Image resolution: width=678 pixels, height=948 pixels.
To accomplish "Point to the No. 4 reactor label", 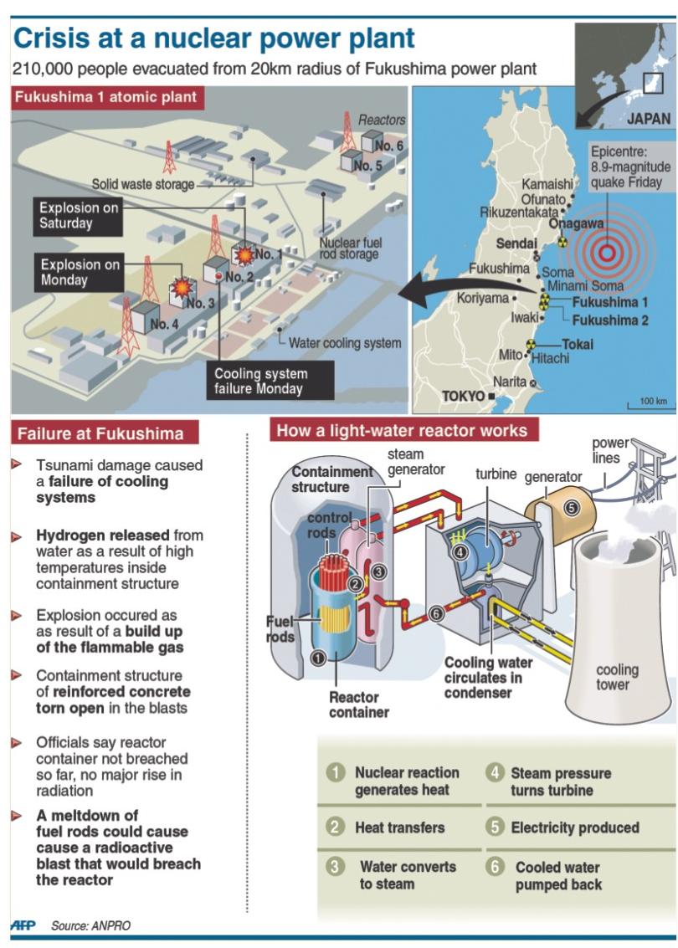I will click(164, 324).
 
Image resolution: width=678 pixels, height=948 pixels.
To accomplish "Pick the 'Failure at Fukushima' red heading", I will click(100, 433).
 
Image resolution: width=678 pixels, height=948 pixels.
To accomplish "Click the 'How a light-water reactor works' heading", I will click(402, 431).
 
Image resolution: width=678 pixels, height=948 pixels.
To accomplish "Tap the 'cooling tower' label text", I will click(617, 677).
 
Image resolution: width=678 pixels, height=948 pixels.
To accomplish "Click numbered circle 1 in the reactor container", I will click(317, 658).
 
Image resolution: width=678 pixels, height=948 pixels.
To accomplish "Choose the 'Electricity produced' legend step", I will click(574, 828).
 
